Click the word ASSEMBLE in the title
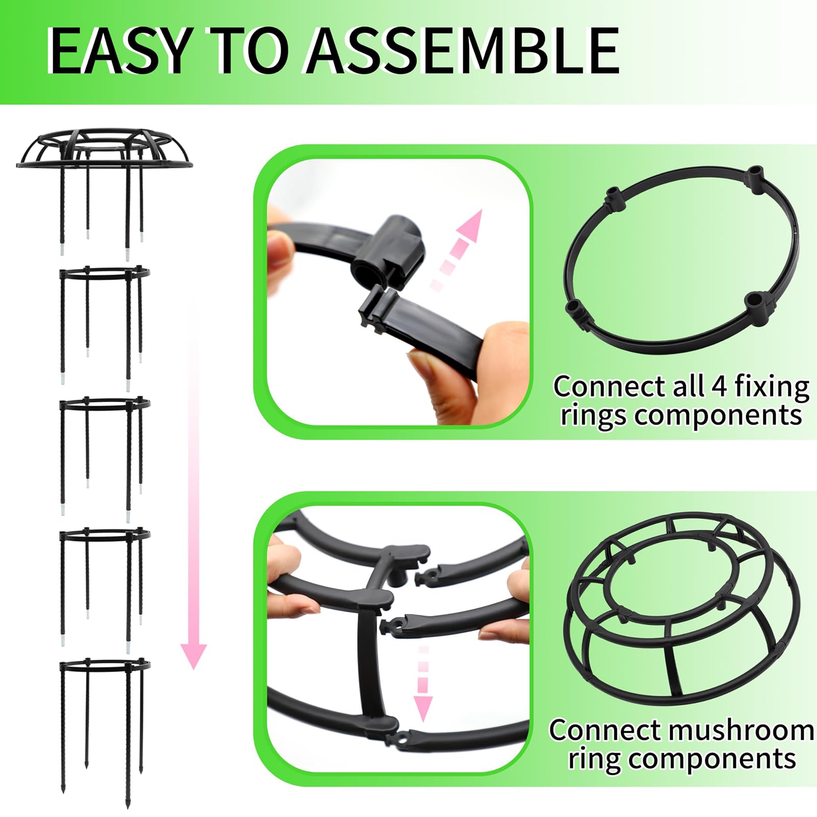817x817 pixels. click(x=463, y=51)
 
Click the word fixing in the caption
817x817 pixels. click(x=772, y=387)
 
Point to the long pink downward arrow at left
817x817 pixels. click(x=193, y=485)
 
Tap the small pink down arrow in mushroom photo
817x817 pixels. click(x=423, y=683)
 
